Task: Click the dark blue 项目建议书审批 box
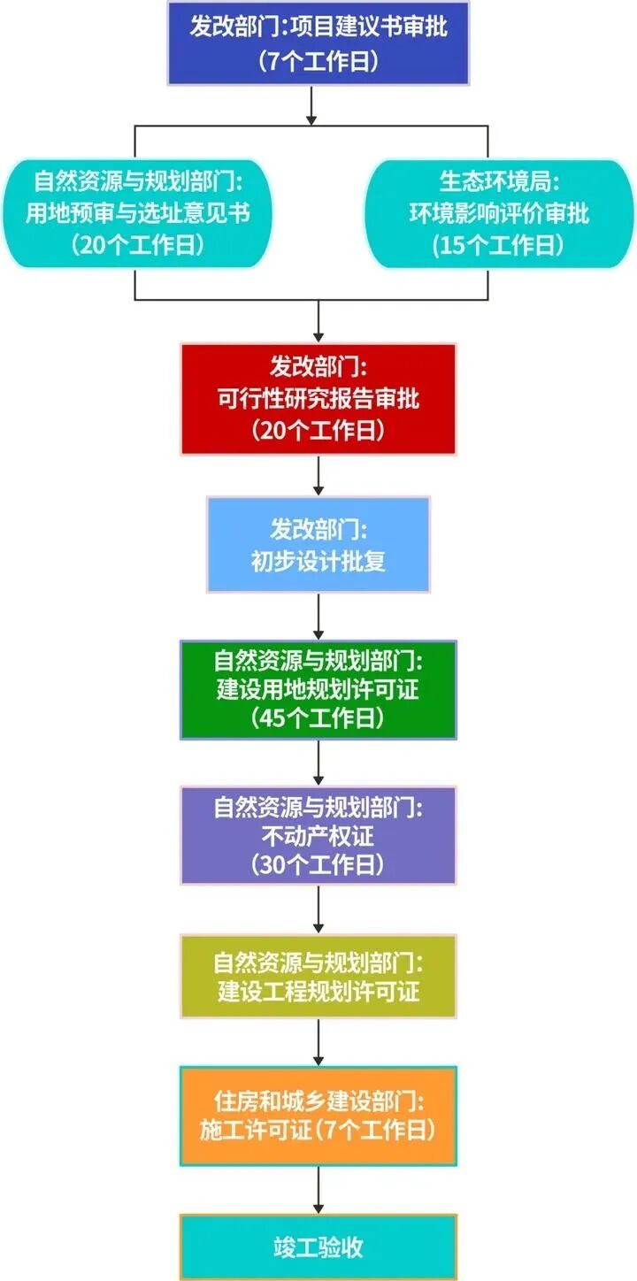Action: point(318,42)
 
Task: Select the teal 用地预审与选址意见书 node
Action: point(136,213)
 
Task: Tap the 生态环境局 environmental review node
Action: point(499,213)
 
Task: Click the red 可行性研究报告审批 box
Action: point(318,399)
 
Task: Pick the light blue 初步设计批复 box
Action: point(318,544)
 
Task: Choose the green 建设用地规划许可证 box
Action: point(318,689)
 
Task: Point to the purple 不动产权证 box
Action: point(318,834)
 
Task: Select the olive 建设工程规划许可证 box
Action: point(318,976)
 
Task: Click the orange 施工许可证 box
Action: point(318,1115)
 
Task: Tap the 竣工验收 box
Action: point(318,1247)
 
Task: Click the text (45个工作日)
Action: point(318,718)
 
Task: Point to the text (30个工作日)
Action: point(318,863)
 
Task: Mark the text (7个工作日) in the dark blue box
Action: point(318,61)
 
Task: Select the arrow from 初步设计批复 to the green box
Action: point(318,616)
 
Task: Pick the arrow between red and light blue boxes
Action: point(318,475)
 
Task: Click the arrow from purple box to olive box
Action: point(318,908)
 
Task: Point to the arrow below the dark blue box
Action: point(311,104)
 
